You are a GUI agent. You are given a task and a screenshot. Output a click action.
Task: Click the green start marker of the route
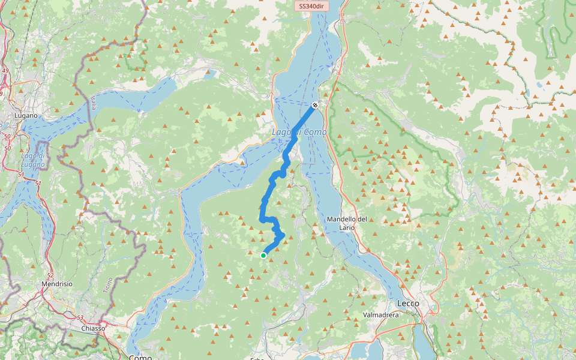tap(263, 256)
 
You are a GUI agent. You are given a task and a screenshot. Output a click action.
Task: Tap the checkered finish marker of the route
tap(314, 106)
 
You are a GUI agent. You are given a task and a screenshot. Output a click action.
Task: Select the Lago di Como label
tap(299, 132)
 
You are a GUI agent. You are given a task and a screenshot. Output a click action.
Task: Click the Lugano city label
tap(26, 115)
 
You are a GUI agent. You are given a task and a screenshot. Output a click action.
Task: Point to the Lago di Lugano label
tap(33, 160)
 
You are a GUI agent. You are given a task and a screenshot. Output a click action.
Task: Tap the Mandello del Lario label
tap(347, 223)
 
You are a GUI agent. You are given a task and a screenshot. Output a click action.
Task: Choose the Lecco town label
tap(408, 304)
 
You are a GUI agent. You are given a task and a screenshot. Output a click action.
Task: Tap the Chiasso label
tap(93, 328)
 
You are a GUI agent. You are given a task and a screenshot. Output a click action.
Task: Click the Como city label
tap(140, 358)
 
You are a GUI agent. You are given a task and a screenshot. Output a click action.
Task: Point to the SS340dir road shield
tap(311, 7)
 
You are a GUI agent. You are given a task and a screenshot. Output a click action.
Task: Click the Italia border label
tap(94, 103)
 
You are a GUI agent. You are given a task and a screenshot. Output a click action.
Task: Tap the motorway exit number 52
tap(50, 275)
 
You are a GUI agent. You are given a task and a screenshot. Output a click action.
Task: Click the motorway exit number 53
tap(79, 317)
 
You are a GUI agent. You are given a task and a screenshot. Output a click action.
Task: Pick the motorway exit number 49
tap(5, 71)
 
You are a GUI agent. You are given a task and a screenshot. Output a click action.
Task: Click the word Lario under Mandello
tap(347, 227)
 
